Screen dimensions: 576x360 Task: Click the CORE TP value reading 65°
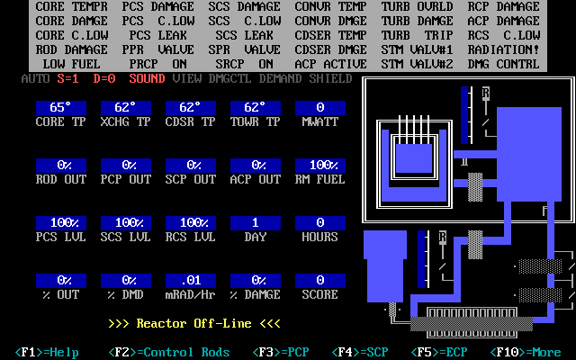click(61, 108)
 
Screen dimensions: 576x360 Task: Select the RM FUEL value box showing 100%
click(320, 166)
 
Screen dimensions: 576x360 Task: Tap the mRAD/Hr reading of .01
click(191, 281)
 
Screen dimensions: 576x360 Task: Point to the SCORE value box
click(320, 281)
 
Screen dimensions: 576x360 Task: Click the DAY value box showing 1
click(256, 223)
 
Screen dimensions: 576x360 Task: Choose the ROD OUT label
click(61, 180)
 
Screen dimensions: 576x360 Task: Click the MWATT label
click(320, 122)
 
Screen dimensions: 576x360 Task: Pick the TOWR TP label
click(256, 122)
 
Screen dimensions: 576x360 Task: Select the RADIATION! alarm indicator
click(504, 50)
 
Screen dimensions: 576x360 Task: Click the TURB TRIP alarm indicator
click(418, 36)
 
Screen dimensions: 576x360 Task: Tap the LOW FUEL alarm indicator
click(72, 64)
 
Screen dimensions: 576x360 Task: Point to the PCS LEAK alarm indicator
click(158, 36)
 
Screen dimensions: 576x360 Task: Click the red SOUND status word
click(148, 78)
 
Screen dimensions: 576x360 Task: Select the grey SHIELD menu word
click(331, 78)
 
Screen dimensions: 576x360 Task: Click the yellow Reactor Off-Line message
click(194, 324)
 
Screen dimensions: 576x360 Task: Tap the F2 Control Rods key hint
click(169, 352)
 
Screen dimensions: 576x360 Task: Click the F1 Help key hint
click(47, 352)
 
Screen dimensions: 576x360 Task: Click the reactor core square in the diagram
click(414, 158)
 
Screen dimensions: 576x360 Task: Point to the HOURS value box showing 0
click(320, 223)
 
